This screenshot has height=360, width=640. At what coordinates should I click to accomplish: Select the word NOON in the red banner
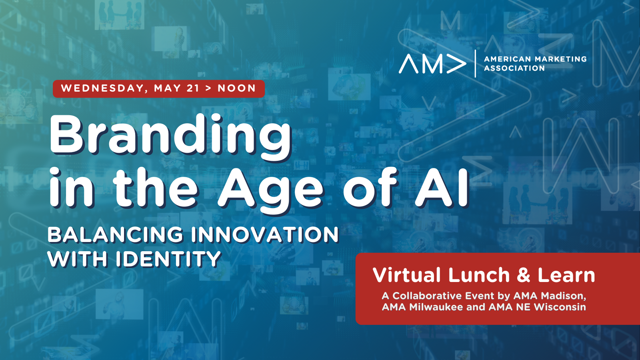[x=236, y=88]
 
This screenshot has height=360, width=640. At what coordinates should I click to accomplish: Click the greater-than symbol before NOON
[x=208, y=88]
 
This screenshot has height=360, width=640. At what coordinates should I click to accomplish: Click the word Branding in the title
[x=170, y=137]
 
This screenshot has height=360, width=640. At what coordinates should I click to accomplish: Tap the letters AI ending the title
[x=442, y=188]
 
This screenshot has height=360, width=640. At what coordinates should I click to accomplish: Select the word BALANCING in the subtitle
[x=115, y=235]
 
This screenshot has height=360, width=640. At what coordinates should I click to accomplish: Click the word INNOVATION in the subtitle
[x=264, y=235]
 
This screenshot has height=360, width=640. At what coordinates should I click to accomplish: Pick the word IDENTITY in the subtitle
[x=168, y=259]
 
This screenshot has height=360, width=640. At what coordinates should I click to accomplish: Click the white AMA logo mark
[x=432, y=64]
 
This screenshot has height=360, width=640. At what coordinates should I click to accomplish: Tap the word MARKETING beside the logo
[x=561, y=59]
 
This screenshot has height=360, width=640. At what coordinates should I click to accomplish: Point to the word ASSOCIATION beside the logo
[x=514, y=68]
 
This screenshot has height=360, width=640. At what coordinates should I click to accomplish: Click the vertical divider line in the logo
[x=476, y=64]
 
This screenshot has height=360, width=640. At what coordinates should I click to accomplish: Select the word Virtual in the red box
[x=407, y=275]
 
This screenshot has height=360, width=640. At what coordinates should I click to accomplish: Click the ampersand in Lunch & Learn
[x=524, y=276]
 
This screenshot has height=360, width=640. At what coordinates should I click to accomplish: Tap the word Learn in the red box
[x=566, y=275]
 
